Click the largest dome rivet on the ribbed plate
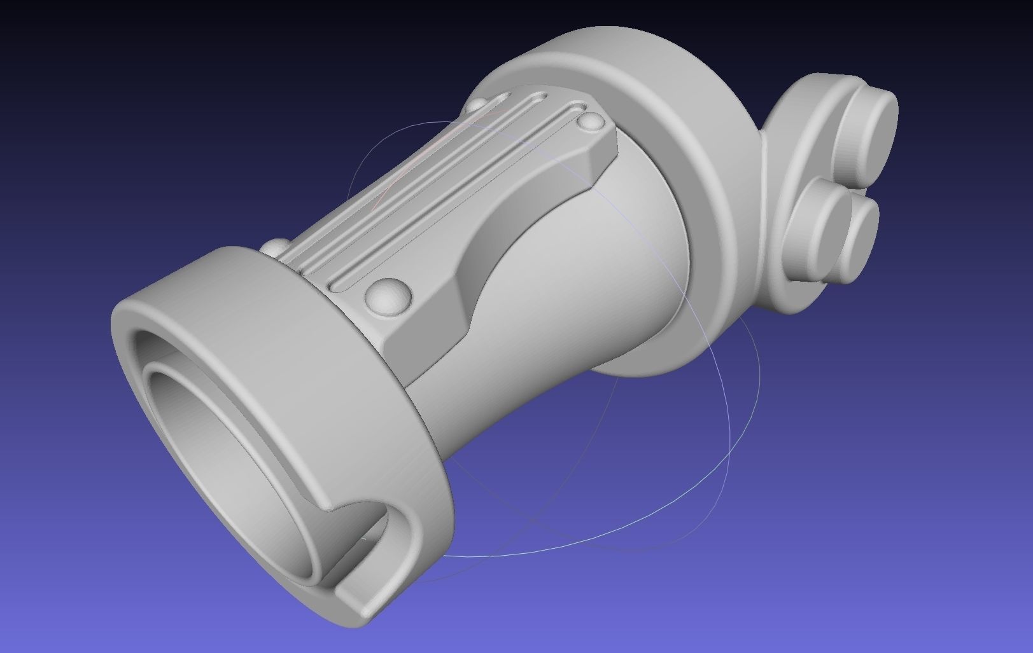click(x=387, y=295)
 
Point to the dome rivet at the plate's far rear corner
click(x=479, y=104)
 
